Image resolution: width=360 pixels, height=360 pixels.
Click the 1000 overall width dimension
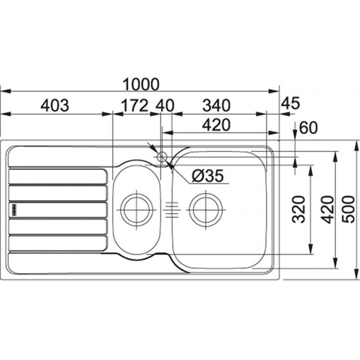(140, 84)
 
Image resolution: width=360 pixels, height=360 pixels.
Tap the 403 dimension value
(54, 105)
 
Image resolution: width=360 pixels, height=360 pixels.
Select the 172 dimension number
(134, 105)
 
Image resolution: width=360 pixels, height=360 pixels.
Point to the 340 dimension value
(216, 105)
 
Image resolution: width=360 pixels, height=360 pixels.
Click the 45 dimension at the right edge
(290, 103)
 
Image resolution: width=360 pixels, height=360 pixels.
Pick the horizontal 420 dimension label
(216, 125)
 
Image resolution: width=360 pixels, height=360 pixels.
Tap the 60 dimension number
(308, 128)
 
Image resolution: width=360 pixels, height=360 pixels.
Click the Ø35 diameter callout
(207, 176)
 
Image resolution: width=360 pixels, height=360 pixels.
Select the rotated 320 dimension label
(299, 209)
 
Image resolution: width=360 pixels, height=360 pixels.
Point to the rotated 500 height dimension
(348, 209)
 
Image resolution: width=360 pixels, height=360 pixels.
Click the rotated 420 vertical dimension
(327, 209)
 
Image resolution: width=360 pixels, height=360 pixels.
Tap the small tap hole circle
(162, 157)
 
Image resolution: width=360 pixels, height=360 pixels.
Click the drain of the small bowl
(137, 210)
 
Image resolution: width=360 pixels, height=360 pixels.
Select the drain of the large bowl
(206, 210)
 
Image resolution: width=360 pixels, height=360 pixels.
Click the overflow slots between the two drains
(172, 210)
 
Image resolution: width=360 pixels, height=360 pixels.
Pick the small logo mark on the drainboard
(14, 210)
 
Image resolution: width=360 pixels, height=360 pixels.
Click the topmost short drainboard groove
(58, 176)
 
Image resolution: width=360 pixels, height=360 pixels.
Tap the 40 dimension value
(165, 106)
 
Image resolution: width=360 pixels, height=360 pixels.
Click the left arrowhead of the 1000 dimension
(5, 91)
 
